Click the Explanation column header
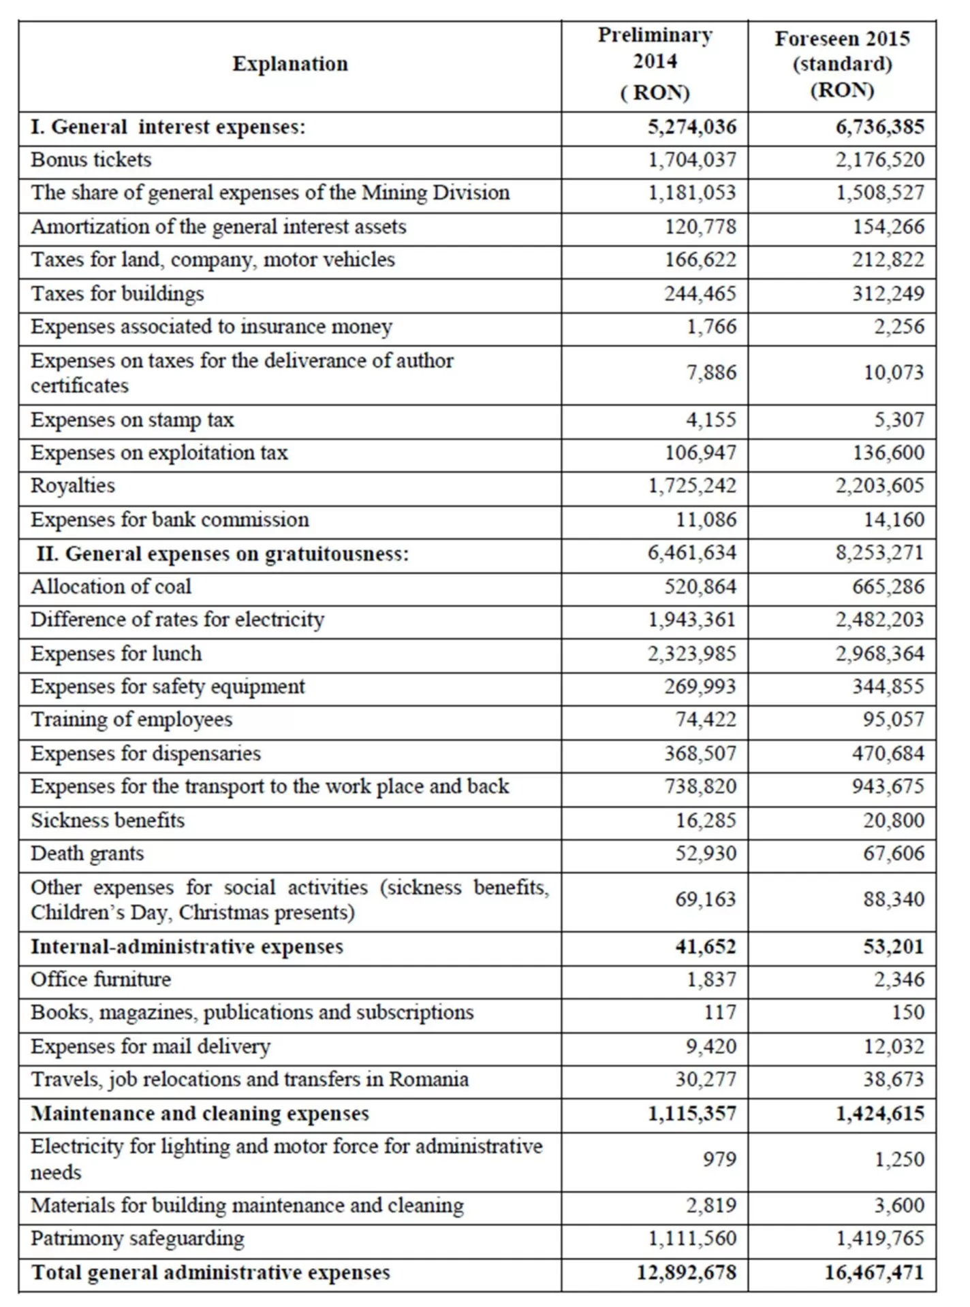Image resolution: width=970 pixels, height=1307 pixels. pyautogui.click(x=290, y=64)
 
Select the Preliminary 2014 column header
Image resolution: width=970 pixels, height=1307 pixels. pyautogui.click(x=655, y=63)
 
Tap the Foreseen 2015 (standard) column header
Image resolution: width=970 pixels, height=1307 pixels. pyautogui.click(x=842, y=64)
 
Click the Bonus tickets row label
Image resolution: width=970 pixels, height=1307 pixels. pyautogui.click(x=91, y=160)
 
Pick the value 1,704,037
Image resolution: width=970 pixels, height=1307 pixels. pyautogui.click(x=692, y=160)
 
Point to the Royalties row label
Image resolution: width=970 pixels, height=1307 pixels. pyautogui.click(x=73, y=486)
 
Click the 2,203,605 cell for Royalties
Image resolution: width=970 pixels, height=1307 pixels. pyautogui.click(x=880, y=486)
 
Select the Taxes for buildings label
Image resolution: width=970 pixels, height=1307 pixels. pyautogui.click(x=117, y=294)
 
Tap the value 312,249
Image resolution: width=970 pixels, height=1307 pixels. pyautogui.click(x=888, y=294)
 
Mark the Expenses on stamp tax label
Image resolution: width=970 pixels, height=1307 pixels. pyautogui.click(x=132, y=420)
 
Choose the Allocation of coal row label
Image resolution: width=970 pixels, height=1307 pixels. pyautogui.click(x=111, y=587)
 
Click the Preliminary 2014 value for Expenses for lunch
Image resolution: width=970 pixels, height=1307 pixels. pyautogui.click(x=692, y=653)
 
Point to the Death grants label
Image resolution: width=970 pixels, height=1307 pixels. pyautogui.click(x=87, y=854)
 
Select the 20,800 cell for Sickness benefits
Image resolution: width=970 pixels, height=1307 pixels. pyautogui.click(x=894, y=820)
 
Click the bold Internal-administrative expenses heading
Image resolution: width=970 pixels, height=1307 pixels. pyautogui.click(x=187, y=947)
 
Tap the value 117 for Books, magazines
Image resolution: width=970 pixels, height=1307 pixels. pyautogui.click(x=720, y=1013)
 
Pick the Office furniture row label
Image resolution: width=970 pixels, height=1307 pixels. pyautogui.click(x=101, y=980)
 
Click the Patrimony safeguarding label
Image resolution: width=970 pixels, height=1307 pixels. pyautogui.click(x=138, y=1238)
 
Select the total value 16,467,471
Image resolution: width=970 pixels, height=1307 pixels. pyautogui.click(x=874, y=1272)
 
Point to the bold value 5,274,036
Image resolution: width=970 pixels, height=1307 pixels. pyautogui.click(x=692, y=127)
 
